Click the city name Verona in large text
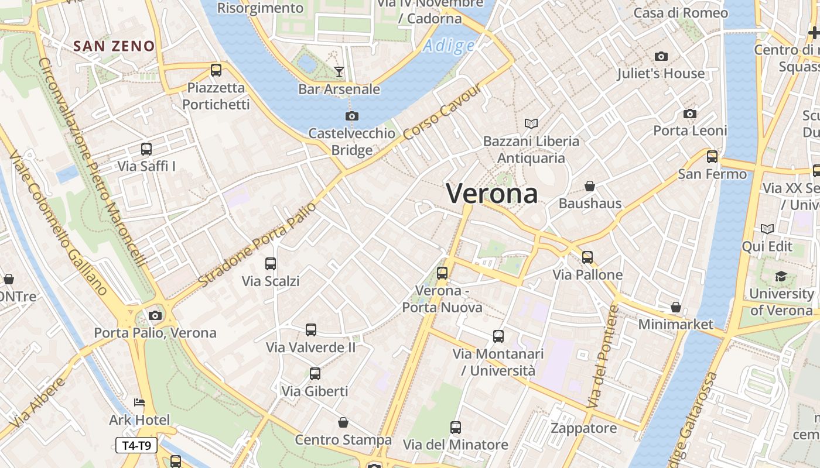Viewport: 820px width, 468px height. click(492, 193)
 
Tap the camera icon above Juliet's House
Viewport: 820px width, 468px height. click(661, 56)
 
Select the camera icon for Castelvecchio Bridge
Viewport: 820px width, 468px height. click(351, 116)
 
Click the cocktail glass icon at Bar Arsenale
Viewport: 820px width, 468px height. click(339, 72)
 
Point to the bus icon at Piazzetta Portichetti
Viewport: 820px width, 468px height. click(216, 70)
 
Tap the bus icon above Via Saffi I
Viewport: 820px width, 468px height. click(146, 149)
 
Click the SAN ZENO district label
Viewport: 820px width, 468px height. click(115, 46)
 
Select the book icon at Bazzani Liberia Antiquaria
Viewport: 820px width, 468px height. click(531, 123)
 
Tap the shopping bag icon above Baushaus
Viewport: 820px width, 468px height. click(590, 186)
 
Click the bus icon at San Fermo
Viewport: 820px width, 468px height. click(712, 156)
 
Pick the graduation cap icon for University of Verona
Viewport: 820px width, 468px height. click(781, 276)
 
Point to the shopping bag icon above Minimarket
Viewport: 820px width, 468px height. click(676, 307)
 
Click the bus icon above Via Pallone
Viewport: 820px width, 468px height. click(587, 257)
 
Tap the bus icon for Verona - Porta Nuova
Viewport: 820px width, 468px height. click(442, 273)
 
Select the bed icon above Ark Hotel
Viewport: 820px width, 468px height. click(139, 402)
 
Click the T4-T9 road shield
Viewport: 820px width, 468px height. click(136, 445)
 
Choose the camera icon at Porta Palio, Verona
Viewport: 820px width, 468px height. click(155, 315)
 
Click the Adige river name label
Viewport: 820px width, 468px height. click(449, 45)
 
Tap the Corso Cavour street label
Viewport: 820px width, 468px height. click(443, 112)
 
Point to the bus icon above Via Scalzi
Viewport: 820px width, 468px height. click(271, 263)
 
